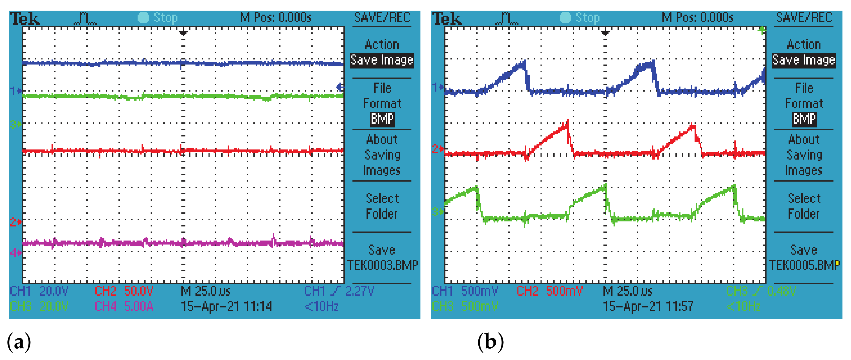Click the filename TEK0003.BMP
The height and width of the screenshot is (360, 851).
click(x=382, y=265)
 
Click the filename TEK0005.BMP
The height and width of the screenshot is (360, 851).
click(x=804, y=265)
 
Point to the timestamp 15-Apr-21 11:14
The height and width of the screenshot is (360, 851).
click(x=226, y=306)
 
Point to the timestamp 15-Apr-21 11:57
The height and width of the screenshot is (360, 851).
click(x=648, y=306)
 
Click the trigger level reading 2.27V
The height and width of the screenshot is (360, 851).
click(x=359, y=291)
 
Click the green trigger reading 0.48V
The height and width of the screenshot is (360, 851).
click(x=781, y=291)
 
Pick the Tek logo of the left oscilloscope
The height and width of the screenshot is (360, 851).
click(x=25, y=19)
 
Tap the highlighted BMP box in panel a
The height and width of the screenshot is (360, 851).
click(x=382, y=119)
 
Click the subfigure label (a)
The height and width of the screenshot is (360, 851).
click(x=19, y=342)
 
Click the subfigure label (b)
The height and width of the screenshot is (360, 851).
click(x=491, y=342)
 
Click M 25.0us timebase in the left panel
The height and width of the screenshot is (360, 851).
click(x=206, y=291)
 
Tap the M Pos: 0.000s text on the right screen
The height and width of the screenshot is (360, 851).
click(x=697, y=18)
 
